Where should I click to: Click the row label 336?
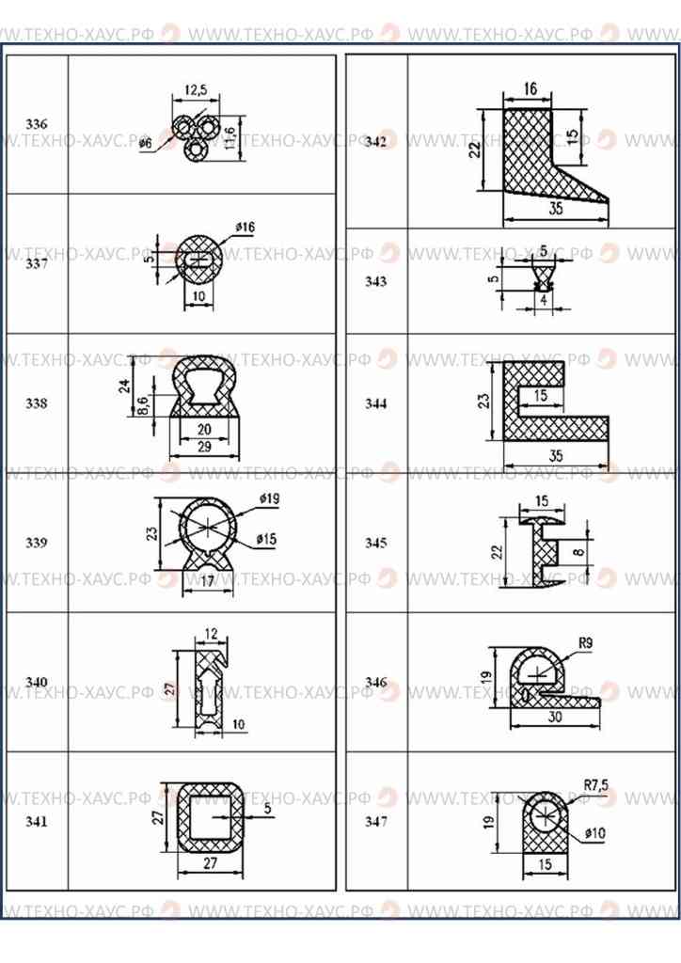tap(37, 124)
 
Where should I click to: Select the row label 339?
tap(37, 543)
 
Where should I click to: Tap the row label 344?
tap(376, 403)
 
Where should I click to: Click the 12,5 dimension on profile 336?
tap(196, 90)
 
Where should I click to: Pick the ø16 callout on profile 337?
tap(245, 227)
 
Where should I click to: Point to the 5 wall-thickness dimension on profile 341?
tap(267, 807)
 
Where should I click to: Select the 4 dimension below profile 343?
tap(543, 299)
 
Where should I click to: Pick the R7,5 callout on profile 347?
tap(597, 783)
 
